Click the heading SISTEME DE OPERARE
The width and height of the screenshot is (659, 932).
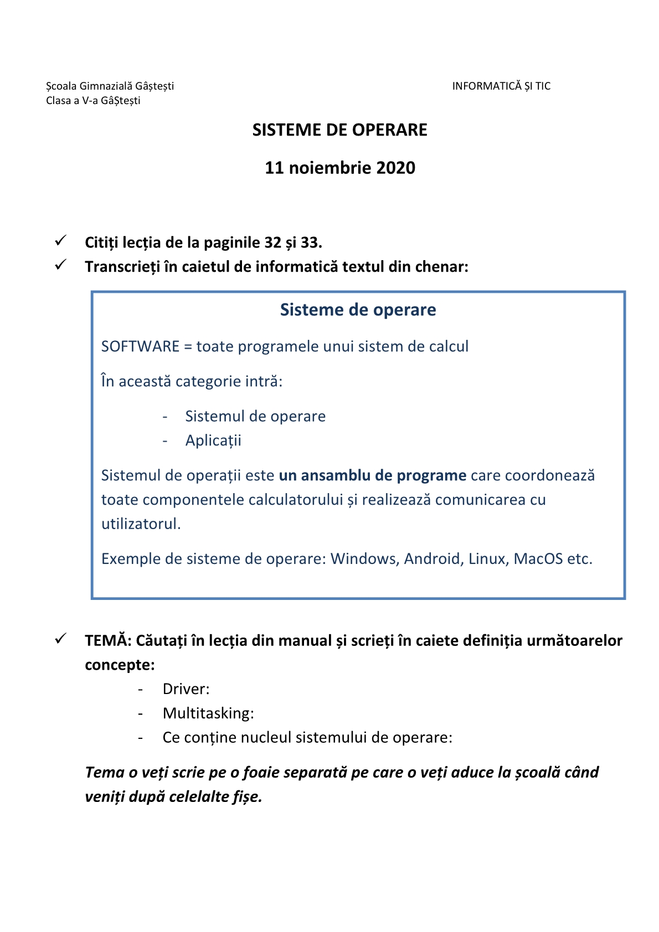pos(339,130)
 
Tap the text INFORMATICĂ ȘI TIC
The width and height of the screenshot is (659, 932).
pos(501,86)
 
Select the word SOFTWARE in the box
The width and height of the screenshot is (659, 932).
pos(140,346)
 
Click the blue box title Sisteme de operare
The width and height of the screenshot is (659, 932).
pos(358,310)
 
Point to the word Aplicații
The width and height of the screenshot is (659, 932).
pos(213,441)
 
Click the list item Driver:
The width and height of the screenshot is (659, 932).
pos(186,689)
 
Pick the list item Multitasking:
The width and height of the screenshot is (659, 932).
pos(208,713)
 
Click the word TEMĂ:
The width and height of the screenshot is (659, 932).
pos(108,641)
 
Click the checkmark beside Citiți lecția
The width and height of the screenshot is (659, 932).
pos(60,241)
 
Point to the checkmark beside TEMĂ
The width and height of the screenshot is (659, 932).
pos(60,639)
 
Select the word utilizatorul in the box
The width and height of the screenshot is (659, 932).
pos(141,524)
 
